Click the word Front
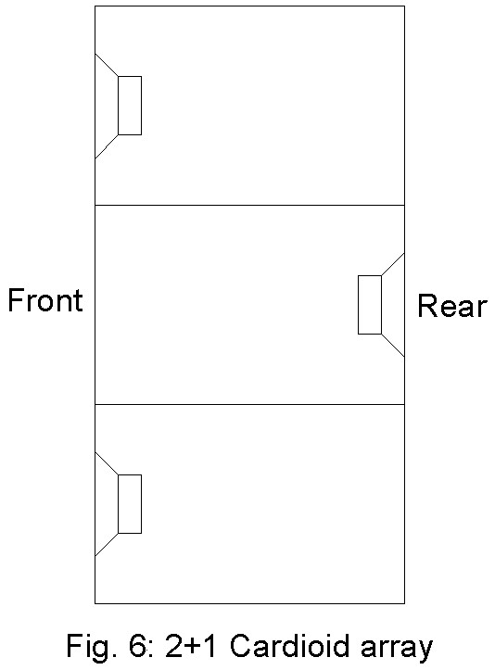pyautogui.click(x=45, y=300)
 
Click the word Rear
pyautogui.click(x=452, y=306)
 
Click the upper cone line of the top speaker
pyautogui.click(x=107, y=65)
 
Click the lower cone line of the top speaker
pyautogui.click(x=107, y=146)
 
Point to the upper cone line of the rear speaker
pyautogui.click(x=393, y=264)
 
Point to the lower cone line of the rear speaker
pyautogui.click(x=393, y=346)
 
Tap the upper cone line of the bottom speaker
pyautogui.click(x=107, y=463)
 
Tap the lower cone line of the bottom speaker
pyautogui.click(x=107, y=545)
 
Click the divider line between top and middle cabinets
pyautogui.click(x=249, y=205)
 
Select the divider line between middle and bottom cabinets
pyautogui.click(x=249, y=404)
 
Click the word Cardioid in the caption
pyautogui.click(x=290, y=646)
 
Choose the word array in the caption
pyautogui.click(x=397, y=650)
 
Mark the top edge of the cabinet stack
pyautogui.click(x=249, y=6)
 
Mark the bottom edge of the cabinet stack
pyautogui.click(x=249, y=603)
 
